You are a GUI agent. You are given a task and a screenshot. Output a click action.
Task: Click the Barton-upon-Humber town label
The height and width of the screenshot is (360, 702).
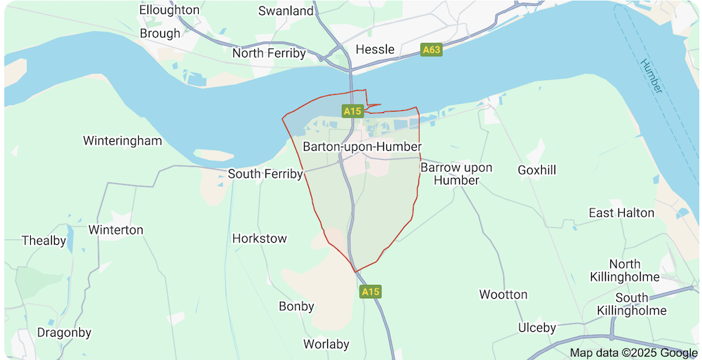(362, 147)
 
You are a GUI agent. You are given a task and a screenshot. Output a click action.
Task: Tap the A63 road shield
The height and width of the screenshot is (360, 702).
(431, 50)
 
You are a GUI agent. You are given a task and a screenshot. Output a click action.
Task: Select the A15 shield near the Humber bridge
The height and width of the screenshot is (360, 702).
(352, 111)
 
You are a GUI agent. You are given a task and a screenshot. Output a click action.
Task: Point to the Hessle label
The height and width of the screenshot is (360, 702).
(375, 49)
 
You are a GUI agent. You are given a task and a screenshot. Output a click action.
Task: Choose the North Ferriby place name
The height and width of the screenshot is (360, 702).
(269, 53)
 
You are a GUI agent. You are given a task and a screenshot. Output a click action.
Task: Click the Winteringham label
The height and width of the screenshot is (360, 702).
(122, 140)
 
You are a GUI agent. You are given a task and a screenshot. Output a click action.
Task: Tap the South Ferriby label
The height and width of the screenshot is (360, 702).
(265, 173)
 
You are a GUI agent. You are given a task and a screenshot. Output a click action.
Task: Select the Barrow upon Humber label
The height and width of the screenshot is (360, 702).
(456, 174)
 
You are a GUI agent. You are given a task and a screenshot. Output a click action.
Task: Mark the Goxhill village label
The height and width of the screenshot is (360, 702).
(536, 170)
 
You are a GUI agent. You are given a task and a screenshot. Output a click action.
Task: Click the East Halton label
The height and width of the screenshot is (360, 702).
(621, 213)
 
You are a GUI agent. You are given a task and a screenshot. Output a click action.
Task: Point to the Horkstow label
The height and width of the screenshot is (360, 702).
(259, 239)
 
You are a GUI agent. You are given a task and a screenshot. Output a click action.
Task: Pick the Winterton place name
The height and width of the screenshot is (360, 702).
(116, 229)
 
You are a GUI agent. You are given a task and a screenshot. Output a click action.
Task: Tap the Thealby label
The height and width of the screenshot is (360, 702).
(44, 241)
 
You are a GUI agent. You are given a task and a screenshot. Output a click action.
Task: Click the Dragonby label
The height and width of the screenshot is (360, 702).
(64, 332)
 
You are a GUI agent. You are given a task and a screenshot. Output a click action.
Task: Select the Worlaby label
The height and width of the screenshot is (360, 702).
(326, 344)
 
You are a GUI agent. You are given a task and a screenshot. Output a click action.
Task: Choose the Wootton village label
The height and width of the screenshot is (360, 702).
(503, 294)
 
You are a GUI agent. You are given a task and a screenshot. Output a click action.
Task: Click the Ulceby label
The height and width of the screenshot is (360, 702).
(536, 328)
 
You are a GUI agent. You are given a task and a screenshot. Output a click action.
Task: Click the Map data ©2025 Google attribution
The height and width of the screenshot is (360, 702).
(633, 352)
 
